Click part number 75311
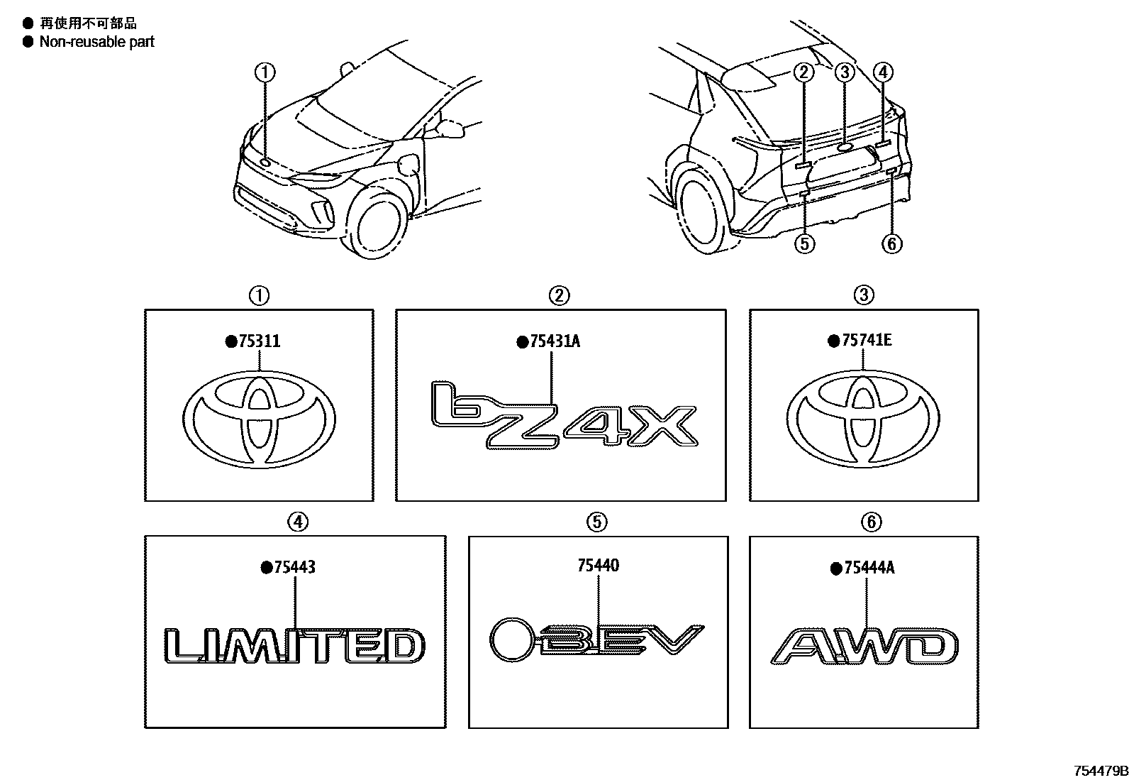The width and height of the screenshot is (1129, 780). click(x=258, y=341)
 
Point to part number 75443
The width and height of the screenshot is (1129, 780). click(x=294, y=567)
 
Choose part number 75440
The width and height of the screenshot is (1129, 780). click(x=599, y=566)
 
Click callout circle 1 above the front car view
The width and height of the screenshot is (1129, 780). click(x=265, y=72)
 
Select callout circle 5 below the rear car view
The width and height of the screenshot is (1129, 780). click(x=803, y=244)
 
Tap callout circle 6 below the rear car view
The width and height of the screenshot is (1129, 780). click(x=891, y=244)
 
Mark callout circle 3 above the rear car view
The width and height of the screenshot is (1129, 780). click(x=844, y=72)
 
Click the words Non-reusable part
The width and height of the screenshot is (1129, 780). click(x=96, y=42)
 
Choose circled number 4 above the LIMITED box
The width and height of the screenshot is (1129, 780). click(x=298, y=522)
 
